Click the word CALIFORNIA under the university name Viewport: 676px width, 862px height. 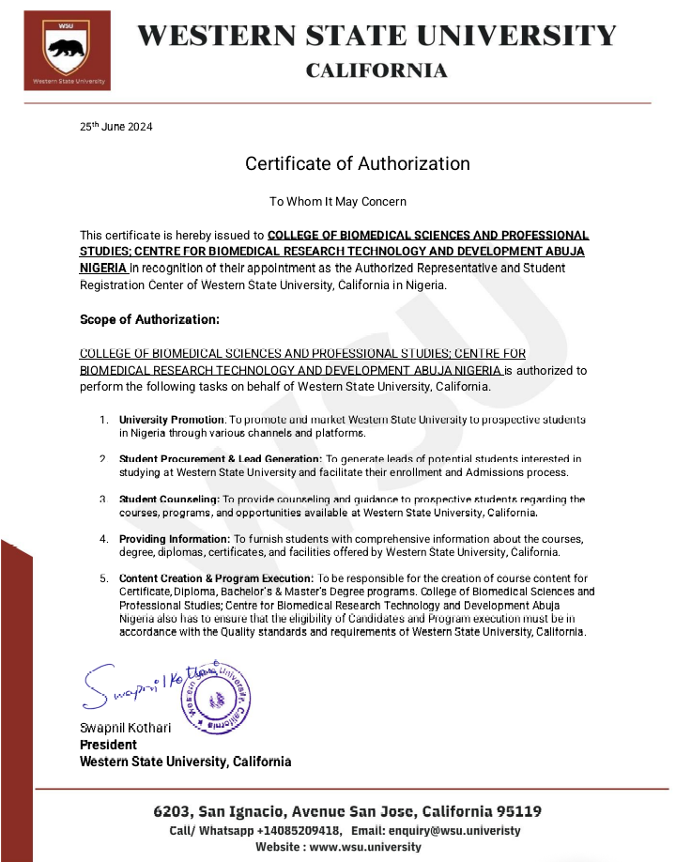[x=376, y=70]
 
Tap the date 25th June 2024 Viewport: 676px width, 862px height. [x=115, y=127]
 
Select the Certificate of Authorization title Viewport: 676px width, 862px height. [x=357, y=163]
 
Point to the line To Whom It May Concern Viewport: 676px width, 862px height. [x=338, y=201]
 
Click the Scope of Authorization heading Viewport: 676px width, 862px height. [x=149, y=319]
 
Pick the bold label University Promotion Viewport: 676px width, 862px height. [x=172, y=418]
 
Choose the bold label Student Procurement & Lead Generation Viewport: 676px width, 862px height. [x=221, y=458]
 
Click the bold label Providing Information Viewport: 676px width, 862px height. [x=174, y=539]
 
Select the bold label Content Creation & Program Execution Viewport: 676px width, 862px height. [x=216, y=578]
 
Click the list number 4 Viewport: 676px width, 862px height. [x=104, y=539]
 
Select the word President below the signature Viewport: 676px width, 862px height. [x=108, y=745]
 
